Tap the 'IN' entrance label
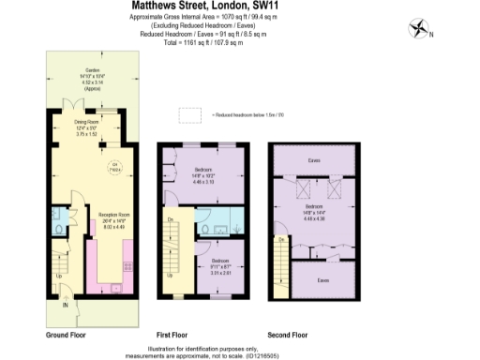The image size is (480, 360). (66, 305)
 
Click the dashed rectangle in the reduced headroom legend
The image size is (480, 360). (190, 114)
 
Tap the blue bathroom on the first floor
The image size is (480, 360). (220, 222)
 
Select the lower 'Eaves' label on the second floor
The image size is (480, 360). (322, 280)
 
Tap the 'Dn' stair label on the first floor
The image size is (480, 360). (171, 220)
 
